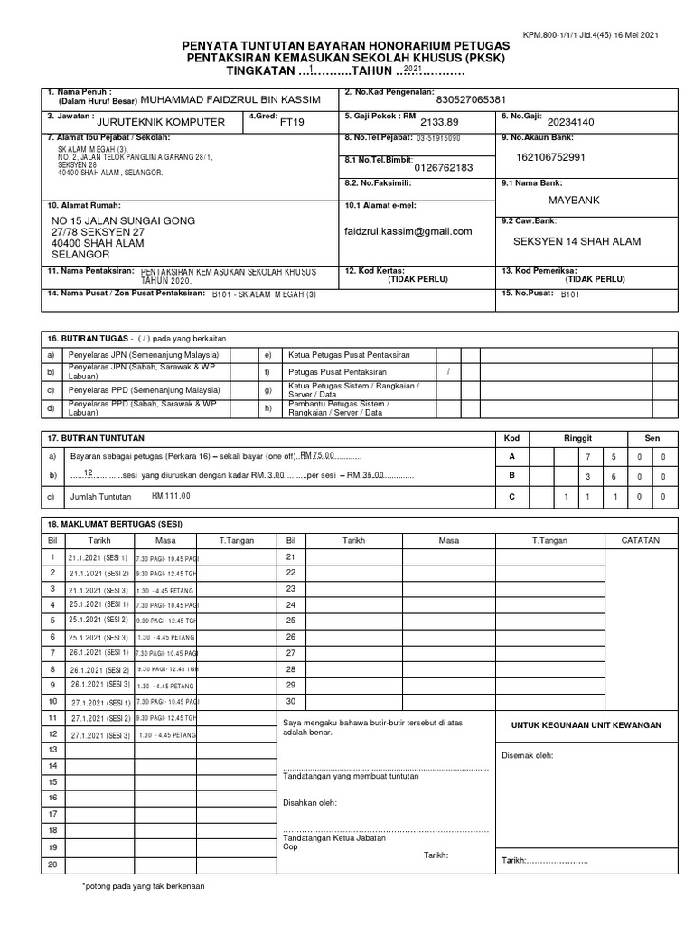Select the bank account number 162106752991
click(550, 157)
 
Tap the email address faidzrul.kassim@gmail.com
click(408, 231)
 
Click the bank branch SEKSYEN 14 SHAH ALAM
click(577, 240)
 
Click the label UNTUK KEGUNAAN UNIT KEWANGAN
click(586, 724)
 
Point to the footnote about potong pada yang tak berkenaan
click(144, 886)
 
